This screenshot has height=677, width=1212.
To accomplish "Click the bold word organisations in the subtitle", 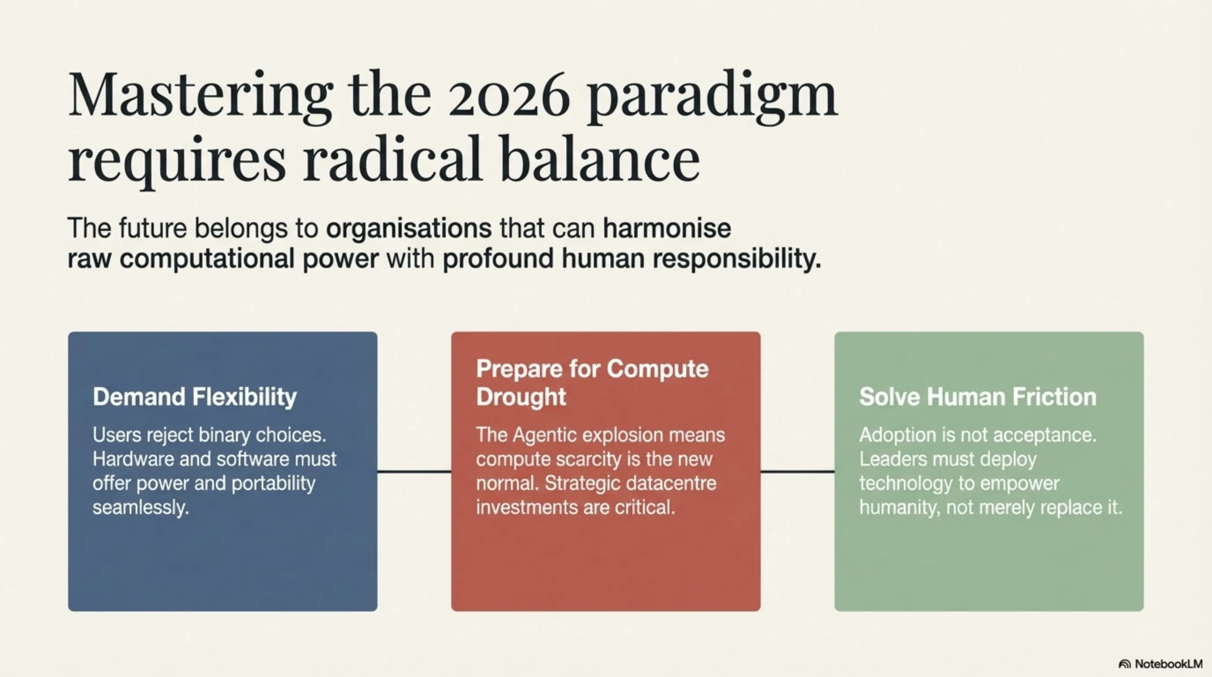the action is click(x=409, y=229).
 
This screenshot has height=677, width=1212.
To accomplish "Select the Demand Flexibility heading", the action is click(x=195, y=397).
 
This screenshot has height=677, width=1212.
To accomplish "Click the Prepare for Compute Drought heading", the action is click(x=592, y=382).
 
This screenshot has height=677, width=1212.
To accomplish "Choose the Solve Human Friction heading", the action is click(x=978, y=397).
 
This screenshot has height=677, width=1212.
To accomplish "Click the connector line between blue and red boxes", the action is click(x=414, y=471).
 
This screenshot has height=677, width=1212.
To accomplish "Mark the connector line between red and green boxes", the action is click(x=798, y=471).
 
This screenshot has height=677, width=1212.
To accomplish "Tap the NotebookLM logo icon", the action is click(x=1124, y=664).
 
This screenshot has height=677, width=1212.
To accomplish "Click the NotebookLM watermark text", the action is click(x=1169, y=664).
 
